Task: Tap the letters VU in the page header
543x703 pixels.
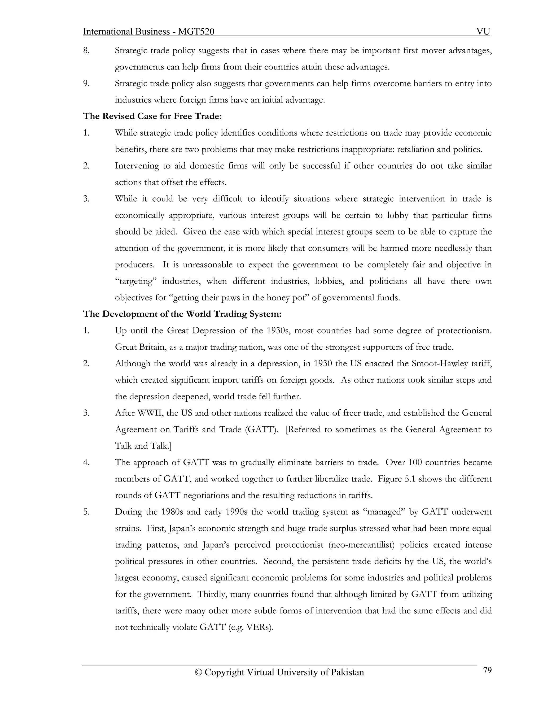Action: (483, 32)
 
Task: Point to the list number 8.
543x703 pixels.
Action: (86, 50)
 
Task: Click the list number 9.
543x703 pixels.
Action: (86, 83)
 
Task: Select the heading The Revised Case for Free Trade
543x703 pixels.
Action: (152, 116)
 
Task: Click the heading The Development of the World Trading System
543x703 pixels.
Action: (182, 314)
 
